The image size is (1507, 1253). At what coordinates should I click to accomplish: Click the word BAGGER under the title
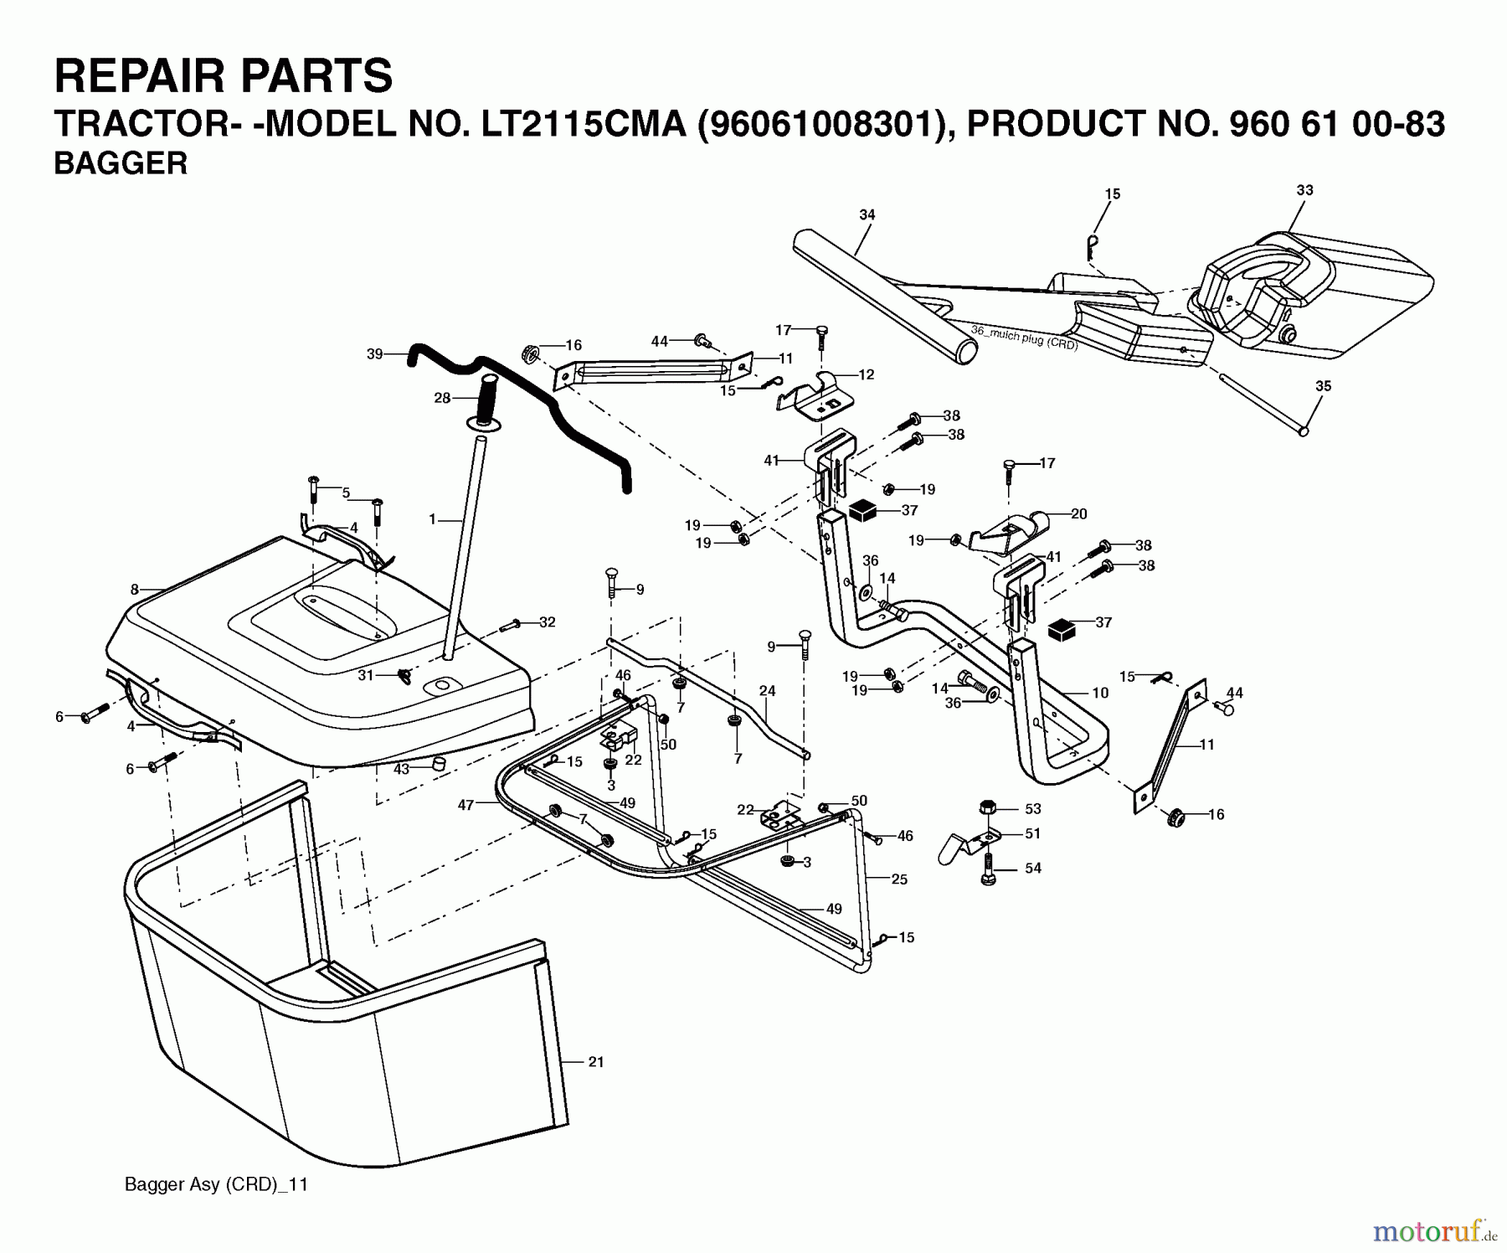[121, 163]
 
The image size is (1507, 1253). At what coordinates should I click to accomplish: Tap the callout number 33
[1304, 190]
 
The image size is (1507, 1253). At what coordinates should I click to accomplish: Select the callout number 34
[867, 215]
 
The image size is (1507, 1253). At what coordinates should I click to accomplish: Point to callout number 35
[1323, 386]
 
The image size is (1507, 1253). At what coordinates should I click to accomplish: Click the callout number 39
[375, 354]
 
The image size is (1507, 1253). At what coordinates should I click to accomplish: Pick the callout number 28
[442, 398]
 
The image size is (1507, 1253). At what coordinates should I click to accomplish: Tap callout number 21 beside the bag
[595, 1062]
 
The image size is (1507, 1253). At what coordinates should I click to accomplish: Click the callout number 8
[135, 590]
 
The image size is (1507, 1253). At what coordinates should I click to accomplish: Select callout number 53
[1033, 808]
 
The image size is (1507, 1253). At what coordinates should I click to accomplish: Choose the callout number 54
[1033, 868]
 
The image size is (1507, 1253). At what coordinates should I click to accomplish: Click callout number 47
[466, 805]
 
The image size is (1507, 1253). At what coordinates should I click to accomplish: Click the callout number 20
[1078, 513]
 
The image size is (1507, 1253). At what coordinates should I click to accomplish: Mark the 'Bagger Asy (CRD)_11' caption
[216, 1185]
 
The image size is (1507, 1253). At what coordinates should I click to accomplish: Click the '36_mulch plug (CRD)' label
[1024, 338]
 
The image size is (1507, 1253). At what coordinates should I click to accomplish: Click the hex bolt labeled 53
[988, 808]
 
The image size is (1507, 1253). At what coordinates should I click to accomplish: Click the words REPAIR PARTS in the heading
[224, 75]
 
